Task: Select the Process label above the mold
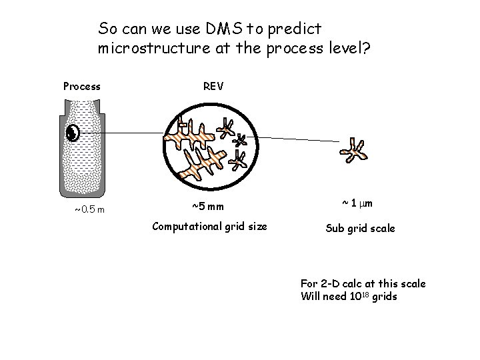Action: point(81,86)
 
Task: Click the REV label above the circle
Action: point(213,86)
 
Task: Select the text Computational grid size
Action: point(209,226)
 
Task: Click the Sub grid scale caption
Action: point(360,228)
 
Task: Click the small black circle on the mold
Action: point(73,133)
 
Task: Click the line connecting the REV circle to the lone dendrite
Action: point(300,139)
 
